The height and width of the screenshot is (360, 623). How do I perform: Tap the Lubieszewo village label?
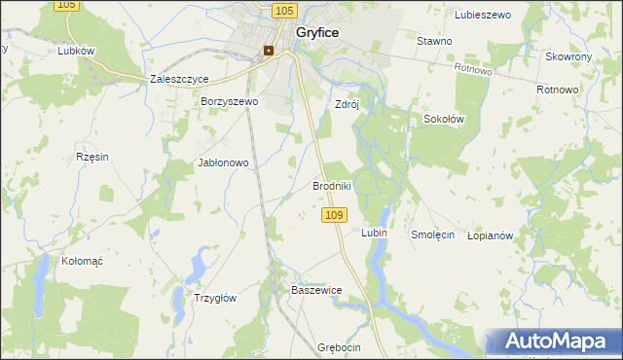coord(483,15)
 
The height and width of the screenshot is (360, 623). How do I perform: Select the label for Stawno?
coord(434,42)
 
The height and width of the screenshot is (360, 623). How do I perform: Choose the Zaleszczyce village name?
coord(180,80)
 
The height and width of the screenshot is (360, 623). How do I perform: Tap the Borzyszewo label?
coord(228,101)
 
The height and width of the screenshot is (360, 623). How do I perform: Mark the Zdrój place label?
coord(347,104)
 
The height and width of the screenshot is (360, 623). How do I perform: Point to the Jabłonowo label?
coord(224,163)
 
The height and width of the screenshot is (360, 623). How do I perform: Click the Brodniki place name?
coord(331,185)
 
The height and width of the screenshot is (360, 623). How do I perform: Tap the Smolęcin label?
coord(432,235)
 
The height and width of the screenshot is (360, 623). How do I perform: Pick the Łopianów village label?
coord(490,235)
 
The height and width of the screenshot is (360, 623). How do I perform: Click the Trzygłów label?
coord(216,299)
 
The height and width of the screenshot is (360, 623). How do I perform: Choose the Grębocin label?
coord(339,347)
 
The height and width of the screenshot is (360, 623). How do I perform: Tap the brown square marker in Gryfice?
coord(268,51)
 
